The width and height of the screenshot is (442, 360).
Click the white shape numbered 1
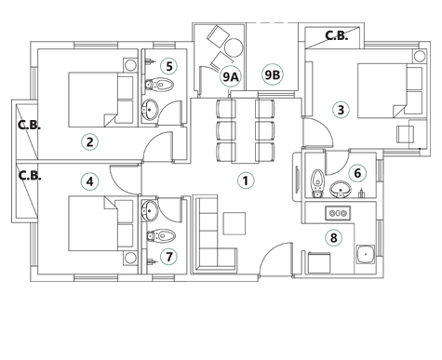tap(247, 184)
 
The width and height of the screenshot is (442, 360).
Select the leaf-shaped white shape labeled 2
tap(88, 142)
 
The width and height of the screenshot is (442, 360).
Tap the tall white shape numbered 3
tap(339, 108)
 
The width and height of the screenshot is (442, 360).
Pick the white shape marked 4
tap(87, 181)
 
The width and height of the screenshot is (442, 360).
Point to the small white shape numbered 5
tap(168, 66)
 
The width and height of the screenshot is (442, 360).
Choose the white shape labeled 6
tap(357, 173)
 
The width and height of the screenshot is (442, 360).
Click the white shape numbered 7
tap(168, 257)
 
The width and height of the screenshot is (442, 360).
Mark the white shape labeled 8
tap(331, 239)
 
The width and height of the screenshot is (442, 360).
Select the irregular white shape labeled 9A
tap(227, 77)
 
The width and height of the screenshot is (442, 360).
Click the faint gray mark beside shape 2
tap(32, 124)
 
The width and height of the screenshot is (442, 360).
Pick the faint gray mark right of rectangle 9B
tap(335, 37)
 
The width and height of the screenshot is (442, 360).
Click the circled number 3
tap(341, 110)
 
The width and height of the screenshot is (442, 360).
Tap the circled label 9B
tap(272, 74)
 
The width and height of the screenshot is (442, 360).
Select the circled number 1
tap(245, 180)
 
